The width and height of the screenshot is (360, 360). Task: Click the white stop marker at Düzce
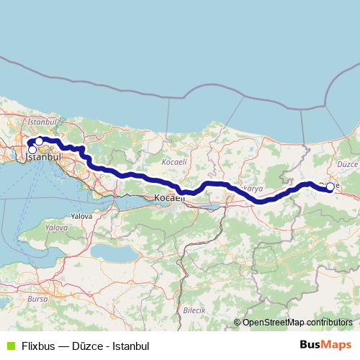tap(330, 187)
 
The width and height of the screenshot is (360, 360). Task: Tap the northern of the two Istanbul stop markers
tap(40, 141)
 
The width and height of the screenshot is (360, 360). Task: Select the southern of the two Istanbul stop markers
tap(32, 150)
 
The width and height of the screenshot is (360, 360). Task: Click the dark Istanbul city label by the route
tap(44, 156)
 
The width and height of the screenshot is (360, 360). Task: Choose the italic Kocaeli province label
tap(174, 162)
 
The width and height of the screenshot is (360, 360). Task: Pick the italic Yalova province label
tap(56, 227)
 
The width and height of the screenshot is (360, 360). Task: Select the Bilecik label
tap(194, 310)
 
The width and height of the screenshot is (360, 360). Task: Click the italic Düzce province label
tap(347, 164)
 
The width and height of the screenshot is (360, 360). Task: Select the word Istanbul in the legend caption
tap(131, 345)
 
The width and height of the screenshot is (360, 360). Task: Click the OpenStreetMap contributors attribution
tap(297, 323)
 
